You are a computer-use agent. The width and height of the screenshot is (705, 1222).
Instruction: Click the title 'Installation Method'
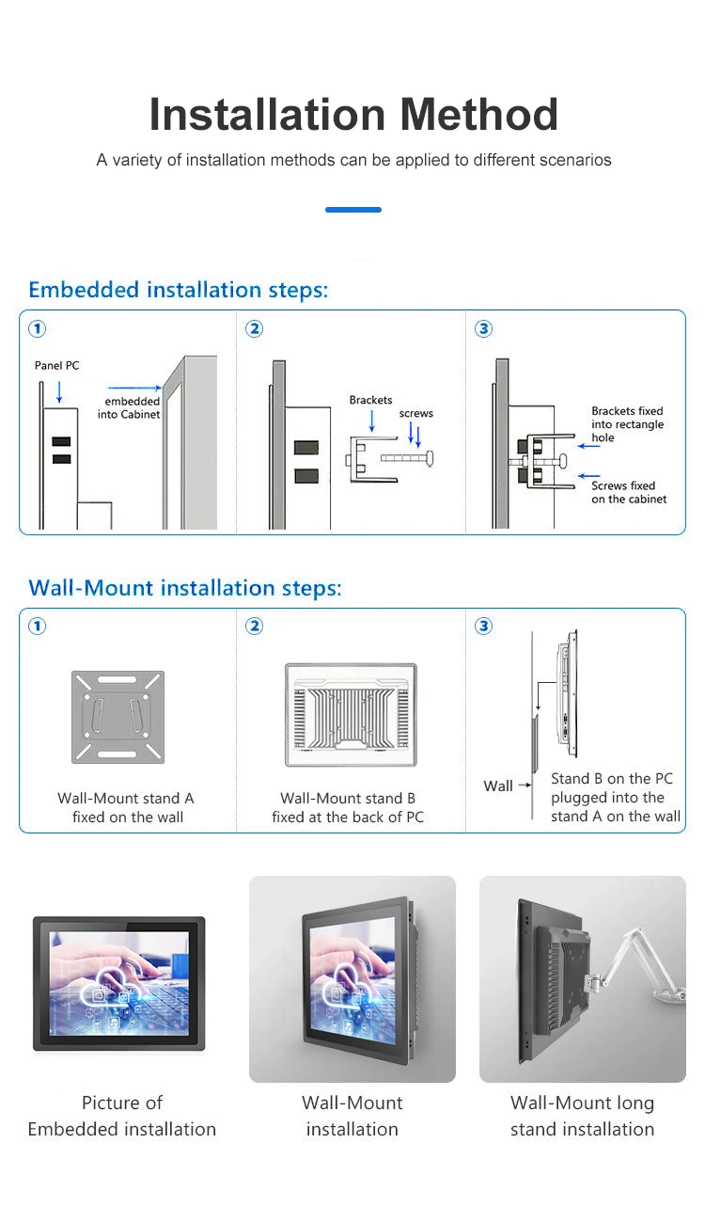353,115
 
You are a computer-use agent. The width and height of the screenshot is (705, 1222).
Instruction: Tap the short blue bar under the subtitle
353,210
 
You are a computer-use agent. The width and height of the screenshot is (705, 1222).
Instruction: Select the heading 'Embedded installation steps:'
179,290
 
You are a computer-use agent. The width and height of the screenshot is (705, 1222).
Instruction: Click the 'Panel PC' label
57,365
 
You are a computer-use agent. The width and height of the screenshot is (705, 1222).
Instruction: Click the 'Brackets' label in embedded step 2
370,400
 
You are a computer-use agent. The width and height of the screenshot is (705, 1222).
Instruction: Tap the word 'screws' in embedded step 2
415,413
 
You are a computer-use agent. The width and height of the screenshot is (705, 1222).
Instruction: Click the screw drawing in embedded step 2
408,458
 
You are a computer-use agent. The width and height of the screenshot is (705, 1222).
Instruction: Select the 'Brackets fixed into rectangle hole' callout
627,424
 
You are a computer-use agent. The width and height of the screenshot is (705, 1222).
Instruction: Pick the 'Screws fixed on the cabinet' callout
629,492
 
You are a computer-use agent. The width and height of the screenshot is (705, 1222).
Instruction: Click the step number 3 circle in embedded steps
484,328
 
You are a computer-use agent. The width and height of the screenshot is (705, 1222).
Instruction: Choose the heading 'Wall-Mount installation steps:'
185,588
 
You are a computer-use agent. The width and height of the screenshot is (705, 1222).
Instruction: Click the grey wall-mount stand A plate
118,717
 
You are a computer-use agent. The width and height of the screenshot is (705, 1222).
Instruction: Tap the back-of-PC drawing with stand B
351,714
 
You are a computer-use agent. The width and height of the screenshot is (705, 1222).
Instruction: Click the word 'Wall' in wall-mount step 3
498,786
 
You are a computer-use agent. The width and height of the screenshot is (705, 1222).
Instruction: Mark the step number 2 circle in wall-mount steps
254,626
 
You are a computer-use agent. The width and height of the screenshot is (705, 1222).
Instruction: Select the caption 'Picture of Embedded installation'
122,1116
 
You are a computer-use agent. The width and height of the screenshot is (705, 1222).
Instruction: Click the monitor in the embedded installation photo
118,982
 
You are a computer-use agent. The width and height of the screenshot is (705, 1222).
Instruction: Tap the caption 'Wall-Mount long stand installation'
582,1116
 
